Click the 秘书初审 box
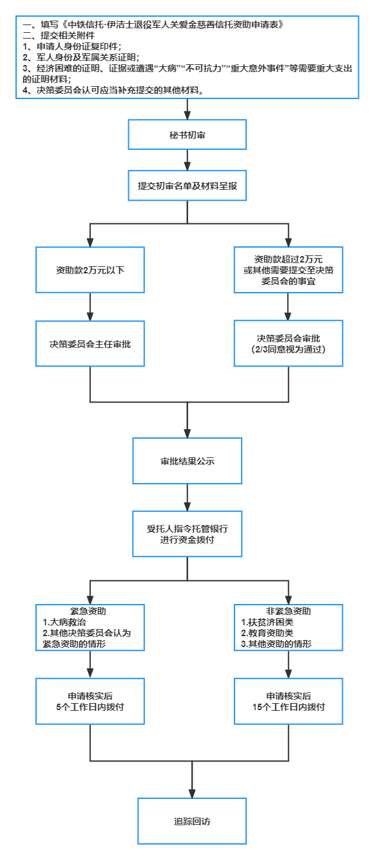click(187, 134)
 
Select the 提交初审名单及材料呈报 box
click(187, 186)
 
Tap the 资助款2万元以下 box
click(90, 270)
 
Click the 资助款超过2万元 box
click(288, 270)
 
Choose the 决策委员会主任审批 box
click(90, 343)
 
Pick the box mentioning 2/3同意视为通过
click(288, 343)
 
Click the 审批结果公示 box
click(187, 461)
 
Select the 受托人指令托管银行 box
click(187, 534)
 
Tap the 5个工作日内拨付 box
click(90, 701)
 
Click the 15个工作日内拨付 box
click(288, 701)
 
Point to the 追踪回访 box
click(192, 821)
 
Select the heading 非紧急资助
click(288, 611)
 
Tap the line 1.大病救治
click(63, 622)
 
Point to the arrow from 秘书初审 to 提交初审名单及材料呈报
click(187, 160)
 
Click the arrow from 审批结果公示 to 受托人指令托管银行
click(187, 497)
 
